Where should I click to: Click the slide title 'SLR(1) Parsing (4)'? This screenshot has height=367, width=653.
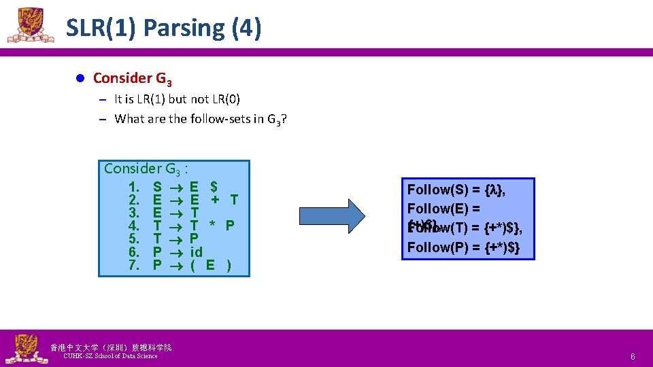click(x=163, y=29)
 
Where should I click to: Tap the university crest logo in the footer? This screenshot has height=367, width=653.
click(x=23, y=349)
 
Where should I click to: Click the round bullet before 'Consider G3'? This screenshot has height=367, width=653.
click(x=79, y=78)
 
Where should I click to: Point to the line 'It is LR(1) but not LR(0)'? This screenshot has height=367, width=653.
click(x=177, y=99)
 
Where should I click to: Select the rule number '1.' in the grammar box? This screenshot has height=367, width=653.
click(x=133, y=186)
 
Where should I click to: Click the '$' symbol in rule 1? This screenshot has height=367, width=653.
click(x=214, y=186)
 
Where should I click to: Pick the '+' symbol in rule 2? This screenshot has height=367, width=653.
click(x=214, y=199)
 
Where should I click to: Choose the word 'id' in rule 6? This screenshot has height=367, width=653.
click(x=197, y=251)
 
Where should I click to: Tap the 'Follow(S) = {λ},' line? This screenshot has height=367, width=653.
click(x=456, y=190)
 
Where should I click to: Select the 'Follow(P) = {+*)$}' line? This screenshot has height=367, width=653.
click(x=463, y=247)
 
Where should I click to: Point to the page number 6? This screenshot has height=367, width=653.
click(x=632, y=357)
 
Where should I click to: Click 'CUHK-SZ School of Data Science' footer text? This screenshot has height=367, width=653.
click(x=110, y=356)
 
